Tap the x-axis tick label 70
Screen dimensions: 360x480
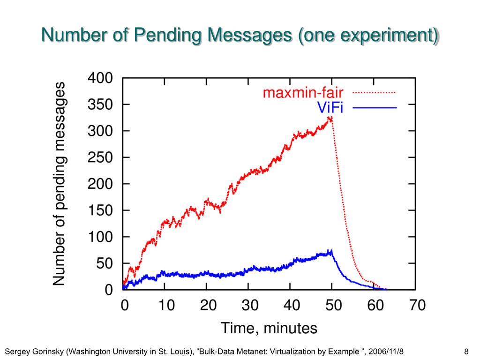[415, 306]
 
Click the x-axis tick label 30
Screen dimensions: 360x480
[250, 306]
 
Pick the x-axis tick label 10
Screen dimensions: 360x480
[166, 306]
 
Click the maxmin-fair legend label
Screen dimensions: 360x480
[303, 93]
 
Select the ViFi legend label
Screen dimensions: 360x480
[330, 108]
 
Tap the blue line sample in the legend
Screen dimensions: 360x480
[374, 108]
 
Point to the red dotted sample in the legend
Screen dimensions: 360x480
[374, 93]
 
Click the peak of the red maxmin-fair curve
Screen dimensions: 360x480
[331, 118]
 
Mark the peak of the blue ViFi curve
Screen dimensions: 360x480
[331, 251]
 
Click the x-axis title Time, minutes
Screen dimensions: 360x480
[269, 328]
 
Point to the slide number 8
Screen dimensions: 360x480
[466, 352]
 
